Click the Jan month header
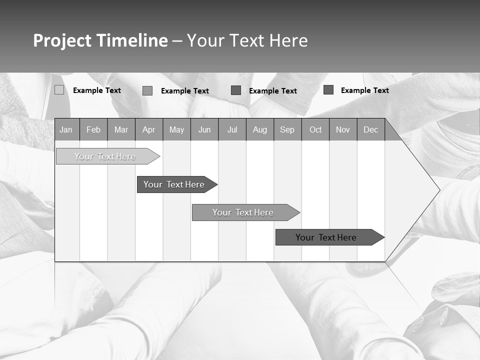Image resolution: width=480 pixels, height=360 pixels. [66, 129]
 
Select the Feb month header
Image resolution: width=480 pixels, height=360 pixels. [93, 129]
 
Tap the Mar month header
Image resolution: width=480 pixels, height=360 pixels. [121, 129]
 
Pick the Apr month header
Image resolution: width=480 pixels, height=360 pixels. [149, 129]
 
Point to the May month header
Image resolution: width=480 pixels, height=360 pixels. [176, 129]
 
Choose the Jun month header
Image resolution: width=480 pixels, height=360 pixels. [204, 129]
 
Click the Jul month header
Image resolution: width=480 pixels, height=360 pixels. [232, 129]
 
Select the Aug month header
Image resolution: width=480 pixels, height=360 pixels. [260, 129]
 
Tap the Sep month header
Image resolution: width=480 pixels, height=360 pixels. [287, 129]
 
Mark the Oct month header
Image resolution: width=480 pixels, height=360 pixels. [315, 129]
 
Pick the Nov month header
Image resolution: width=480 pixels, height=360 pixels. [343, 129]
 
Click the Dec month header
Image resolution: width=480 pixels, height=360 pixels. [371, 129]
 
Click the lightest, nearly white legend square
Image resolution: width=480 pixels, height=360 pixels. [59, 90]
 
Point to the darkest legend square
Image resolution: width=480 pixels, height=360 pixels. [328, 90]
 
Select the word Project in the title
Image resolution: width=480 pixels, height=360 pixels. [62, 40]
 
